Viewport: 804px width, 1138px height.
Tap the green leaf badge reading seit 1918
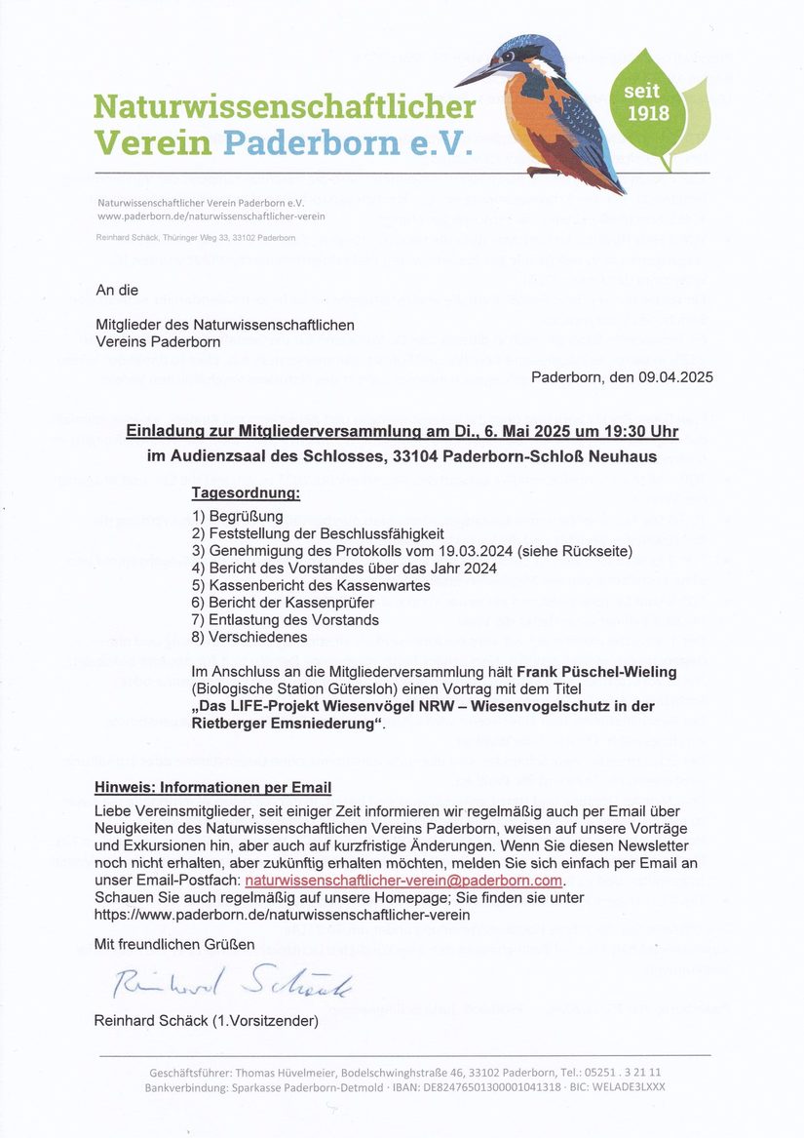pos(647,102)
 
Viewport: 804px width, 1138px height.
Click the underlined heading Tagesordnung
pos(246,493)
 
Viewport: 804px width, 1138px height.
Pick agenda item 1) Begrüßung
pos(238,516)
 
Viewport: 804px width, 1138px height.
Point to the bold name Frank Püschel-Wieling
pos(597,672)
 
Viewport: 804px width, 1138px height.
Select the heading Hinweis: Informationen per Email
pos(212,788)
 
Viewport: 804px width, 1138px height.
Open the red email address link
pos(404,881)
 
